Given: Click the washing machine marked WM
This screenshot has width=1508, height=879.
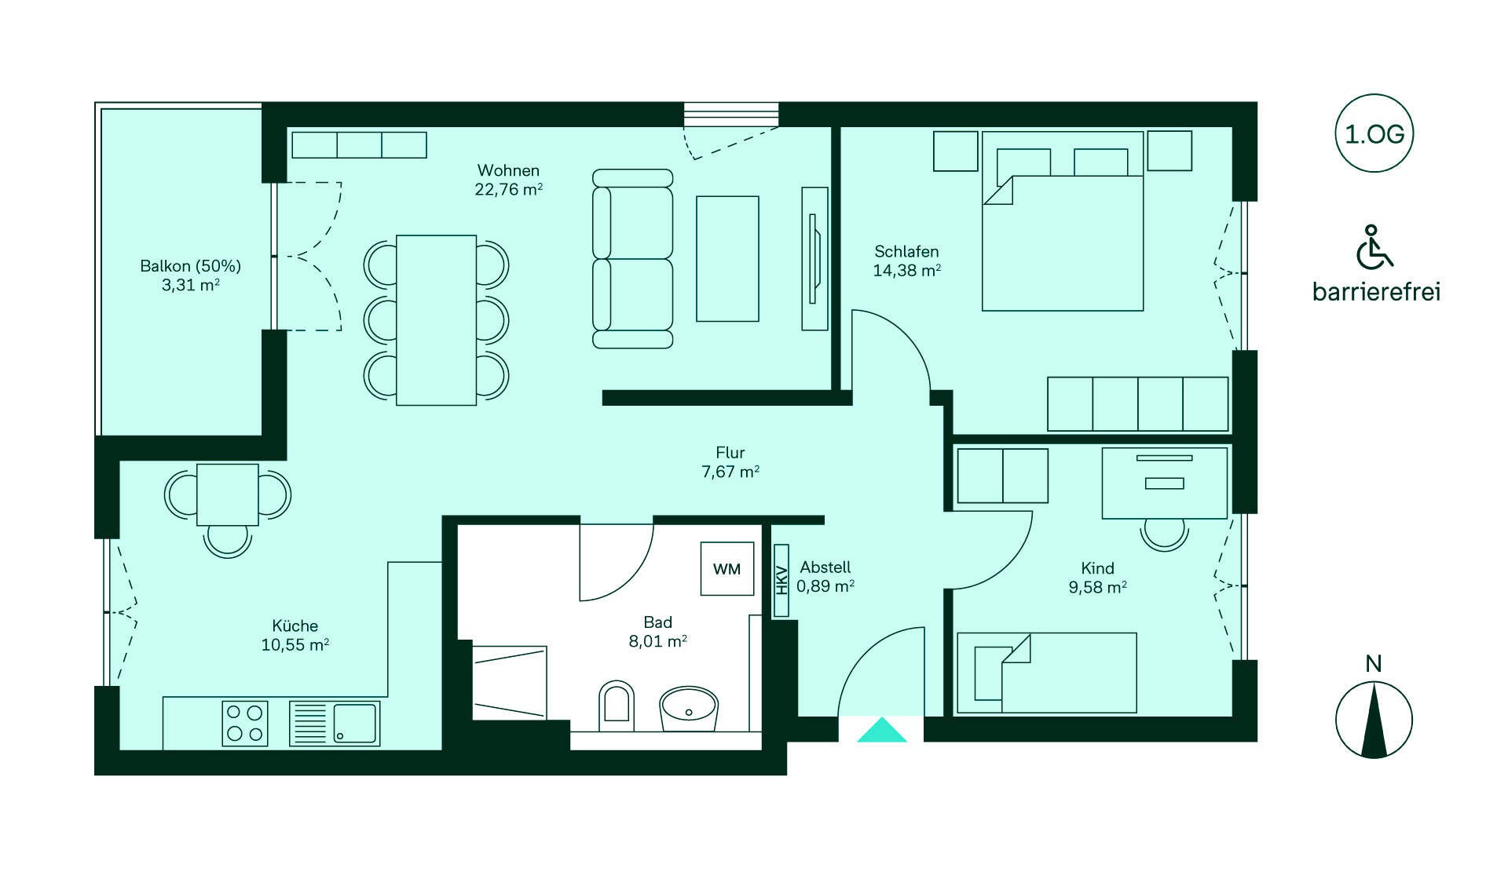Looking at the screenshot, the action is coord(727,569).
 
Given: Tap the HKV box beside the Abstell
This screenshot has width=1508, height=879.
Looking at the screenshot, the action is coord(781,581).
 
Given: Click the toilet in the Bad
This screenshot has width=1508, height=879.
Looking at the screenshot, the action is coord(617,702).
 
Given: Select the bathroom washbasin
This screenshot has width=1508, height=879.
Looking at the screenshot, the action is coord(689,709).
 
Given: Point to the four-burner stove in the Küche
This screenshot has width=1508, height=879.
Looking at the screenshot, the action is coord(245,723).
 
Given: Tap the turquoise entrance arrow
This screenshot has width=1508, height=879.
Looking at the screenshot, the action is coord(881,730).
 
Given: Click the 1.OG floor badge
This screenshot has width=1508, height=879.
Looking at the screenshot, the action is coord(1374,133).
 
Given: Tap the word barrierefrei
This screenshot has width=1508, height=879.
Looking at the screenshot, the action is coord(1376,292).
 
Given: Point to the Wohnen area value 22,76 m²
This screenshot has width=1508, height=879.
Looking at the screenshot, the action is coord(509,189).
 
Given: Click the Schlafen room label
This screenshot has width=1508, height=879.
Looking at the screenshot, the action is coord(906,251).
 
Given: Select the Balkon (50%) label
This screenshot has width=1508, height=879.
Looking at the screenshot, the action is coord(190,266).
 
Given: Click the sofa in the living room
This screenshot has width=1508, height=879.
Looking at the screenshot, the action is coord(633,258).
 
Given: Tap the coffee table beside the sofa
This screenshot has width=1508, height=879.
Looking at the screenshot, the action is coord(727,259).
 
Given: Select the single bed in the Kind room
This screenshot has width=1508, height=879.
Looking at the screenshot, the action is coord(1047,673).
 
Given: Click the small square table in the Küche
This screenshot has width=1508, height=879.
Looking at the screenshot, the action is coord(228,494).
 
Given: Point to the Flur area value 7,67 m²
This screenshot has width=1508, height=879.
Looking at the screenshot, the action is coord(730,472).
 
